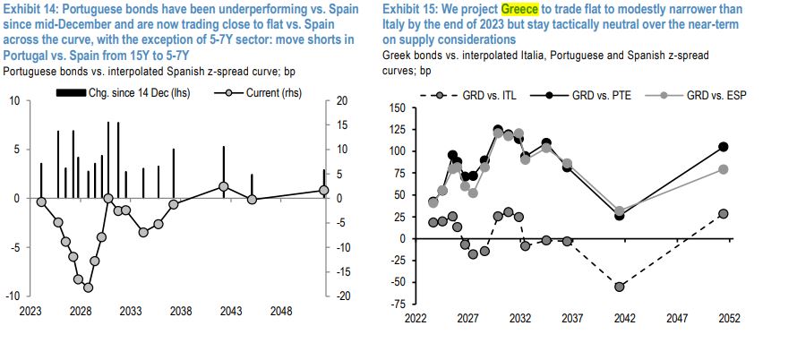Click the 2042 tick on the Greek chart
click(619, 317)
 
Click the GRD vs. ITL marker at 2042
click(620, 287)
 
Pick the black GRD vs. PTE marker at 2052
click(723, 147)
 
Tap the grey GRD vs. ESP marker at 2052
click(723, 169)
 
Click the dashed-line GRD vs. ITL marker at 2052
click(723, 214)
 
